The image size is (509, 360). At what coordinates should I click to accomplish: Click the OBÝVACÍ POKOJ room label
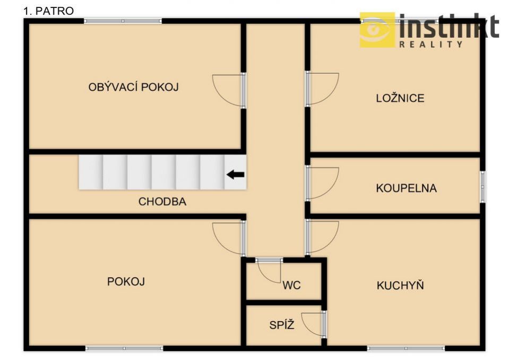click(x=133, y=87)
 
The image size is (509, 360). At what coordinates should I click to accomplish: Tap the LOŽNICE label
click(x=400, y=98)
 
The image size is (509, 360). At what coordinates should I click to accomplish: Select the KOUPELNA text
click(x=406, y=188)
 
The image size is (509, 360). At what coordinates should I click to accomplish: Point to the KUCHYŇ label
click(x=400, y=285)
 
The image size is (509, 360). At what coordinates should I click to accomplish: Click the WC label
click(x=291, y=285)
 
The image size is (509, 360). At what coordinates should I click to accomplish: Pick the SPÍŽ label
click(x=282, y=324)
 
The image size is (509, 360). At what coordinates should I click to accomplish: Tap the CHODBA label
click(x=162, y=202)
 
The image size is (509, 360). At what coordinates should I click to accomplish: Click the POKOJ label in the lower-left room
click(x=126, y=281)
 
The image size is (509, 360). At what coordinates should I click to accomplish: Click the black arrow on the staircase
click(x=235, y=175)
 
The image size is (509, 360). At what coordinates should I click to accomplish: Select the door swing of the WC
click(x=268, y=271)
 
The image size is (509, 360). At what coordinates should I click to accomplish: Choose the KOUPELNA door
click(x=322, y=183)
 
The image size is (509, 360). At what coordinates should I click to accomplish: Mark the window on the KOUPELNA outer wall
click(x=482, y=187)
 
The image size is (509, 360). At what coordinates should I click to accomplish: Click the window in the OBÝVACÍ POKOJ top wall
click(x=123, y=21)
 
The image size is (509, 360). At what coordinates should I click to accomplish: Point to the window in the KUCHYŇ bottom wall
click(x=406, y=348)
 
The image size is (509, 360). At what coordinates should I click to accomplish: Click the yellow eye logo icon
click(x=377, y=30)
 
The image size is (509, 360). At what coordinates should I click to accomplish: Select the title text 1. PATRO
click(x=49, y=11)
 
